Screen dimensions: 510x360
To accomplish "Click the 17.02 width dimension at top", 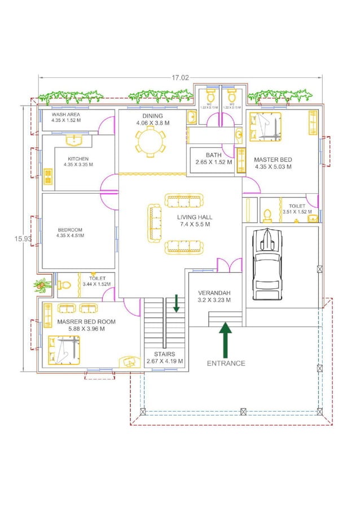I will click(180, 78).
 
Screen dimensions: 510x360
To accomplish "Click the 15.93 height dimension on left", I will click(23, 239).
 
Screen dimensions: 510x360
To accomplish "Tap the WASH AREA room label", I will click(66, 117).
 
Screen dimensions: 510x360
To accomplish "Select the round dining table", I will click(150, 141).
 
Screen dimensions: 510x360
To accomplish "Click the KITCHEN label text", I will click(78, 162).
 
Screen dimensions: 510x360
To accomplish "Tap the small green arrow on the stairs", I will click(177, 303).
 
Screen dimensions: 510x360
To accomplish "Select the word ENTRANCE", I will click(226, 363).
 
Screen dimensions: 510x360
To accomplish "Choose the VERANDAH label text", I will click(214, 297).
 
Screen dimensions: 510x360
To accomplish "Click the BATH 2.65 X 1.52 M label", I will click(213, 158).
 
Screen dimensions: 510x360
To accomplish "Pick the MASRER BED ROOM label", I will click(86, 325).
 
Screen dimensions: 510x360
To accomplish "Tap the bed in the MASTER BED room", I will click(265, 126).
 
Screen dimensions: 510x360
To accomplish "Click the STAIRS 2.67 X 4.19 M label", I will click(164, 358).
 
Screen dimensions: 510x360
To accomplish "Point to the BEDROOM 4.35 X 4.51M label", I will click(70, 232).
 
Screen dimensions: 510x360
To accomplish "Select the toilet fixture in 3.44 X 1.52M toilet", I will click(64, 285).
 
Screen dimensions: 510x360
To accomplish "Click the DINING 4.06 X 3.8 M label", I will click(152, 119).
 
